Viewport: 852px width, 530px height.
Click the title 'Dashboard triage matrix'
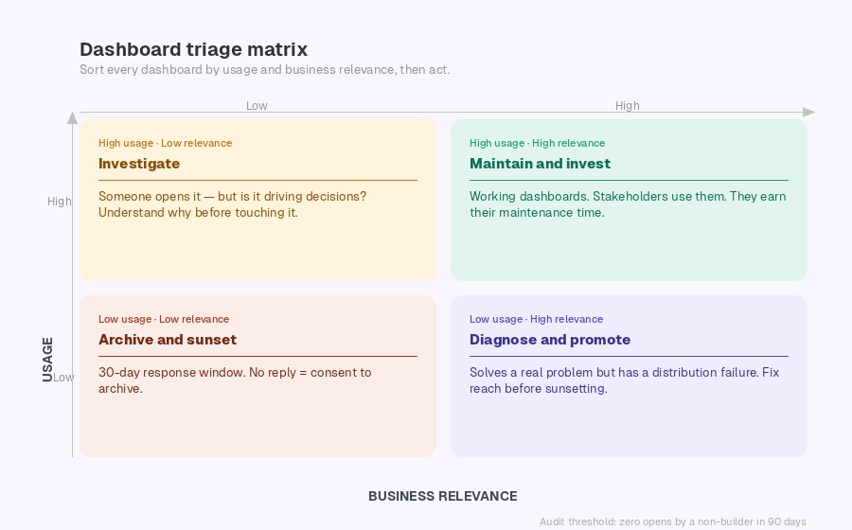point(193,49)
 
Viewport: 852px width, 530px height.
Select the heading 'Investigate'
point(139,164)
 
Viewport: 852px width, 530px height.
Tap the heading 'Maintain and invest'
point(540,164)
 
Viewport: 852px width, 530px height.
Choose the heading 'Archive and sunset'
point(168,340)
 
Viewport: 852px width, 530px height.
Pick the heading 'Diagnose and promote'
point(550,340)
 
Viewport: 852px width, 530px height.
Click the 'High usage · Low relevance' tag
point(165,144)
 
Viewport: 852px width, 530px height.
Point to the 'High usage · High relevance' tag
point(537,144)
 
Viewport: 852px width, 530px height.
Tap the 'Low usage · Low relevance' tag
point(164,320)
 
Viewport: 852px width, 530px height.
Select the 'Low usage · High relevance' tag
point(536,320)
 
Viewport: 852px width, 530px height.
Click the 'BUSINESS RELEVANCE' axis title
point(442,496)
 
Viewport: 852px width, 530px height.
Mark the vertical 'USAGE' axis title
point(47,360)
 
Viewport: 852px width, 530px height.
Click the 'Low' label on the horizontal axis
point(257,106)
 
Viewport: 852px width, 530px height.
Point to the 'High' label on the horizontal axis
point(628,106)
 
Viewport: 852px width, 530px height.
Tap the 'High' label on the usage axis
point(60,202)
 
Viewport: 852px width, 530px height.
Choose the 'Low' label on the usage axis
point(62,378)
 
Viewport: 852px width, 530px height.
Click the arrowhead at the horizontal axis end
point(808,112)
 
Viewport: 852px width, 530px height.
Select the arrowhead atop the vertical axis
point(72,118)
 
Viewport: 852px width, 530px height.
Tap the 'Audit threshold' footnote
point(672,521)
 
